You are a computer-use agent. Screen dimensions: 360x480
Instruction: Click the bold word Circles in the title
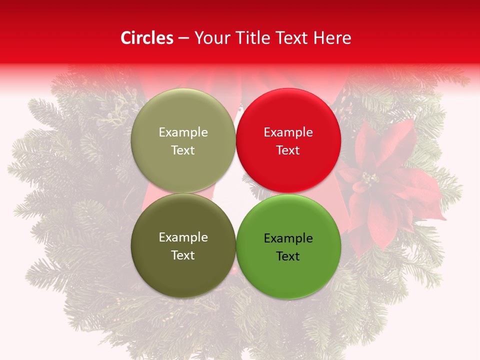[x=147, y=38]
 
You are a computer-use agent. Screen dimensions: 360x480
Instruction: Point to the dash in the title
[x=183, y=38]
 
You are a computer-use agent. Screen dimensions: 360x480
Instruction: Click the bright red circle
[x=288, y=140]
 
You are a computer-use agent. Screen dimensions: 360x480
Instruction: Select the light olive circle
[x=183, y=140]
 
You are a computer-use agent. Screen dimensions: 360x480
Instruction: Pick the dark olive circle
[x=183, y=246]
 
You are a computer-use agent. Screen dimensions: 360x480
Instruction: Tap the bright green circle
[x=288, y=246]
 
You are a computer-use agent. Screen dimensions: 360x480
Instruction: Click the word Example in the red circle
[x=288, y=132]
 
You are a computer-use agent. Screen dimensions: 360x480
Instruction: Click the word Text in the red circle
[x=288, y=150]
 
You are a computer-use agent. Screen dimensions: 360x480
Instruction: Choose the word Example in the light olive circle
[x=183, y=132]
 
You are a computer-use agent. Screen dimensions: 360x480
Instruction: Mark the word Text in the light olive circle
[x=183, y=150]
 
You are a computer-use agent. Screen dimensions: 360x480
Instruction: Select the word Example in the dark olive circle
[x=183, y=237]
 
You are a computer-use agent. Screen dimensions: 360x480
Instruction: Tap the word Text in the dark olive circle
[x=183, y=255]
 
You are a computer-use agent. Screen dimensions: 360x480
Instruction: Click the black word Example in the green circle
[x=288, y=238]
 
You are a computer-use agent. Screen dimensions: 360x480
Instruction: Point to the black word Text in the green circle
[x=288, y=256]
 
